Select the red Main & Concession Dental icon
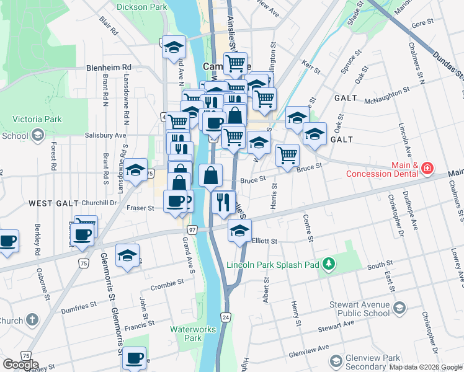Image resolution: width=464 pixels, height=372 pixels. tap(427, 168)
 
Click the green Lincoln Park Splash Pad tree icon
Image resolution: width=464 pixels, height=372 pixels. tap(330, 265)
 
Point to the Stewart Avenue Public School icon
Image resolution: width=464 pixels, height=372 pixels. tap(400, 307)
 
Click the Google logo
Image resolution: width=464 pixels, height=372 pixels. tap(20, 365)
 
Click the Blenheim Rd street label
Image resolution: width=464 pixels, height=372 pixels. tap(109, 67)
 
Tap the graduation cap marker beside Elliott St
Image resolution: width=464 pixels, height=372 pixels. tap(239, 232)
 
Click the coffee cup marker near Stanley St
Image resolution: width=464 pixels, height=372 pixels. tap(135, 358)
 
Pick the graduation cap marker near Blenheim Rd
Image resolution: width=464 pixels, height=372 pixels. tap(174, 46)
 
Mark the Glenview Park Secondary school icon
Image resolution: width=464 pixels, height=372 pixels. tap(336, 361)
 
